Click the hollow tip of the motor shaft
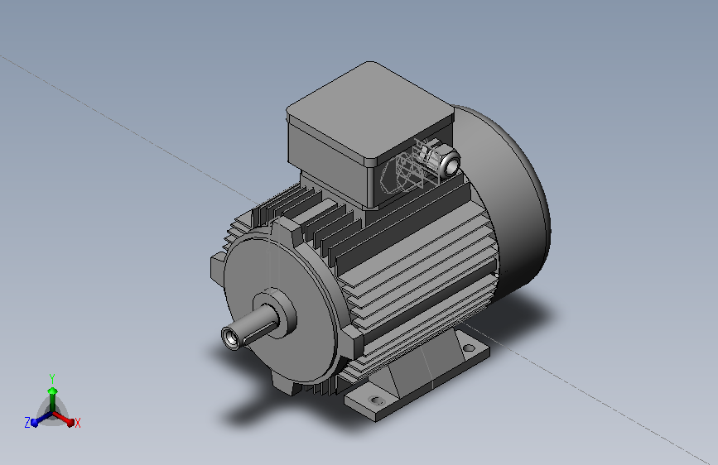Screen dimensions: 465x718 click(x=231, y=338)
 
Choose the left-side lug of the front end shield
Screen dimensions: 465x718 click(x=218, y=268)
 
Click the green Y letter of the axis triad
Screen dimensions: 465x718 click(x=51, y=376)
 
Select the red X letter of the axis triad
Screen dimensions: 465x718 click(x=78, y=423)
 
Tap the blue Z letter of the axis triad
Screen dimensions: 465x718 click(x=27, y=423)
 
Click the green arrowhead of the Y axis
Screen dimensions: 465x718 click(x=52, y=391)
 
